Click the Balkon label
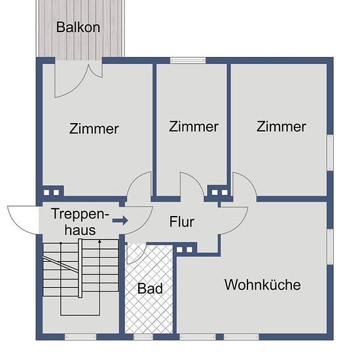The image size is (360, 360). coord(78,27)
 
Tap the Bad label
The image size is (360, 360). coord(150,289)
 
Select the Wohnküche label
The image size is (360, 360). coord(262,285)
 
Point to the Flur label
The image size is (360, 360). coord(181,221)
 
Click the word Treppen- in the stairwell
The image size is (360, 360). coord(80,214)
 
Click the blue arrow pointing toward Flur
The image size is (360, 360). coord(120,221)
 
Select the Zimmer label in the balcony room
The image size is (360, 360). coord(94,128)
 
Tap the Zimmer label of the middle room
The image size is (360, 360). coord(194,126)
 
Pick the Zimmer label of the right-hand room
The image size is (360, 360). coord(281,126)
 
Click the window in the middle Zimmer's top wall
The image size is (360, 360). coord(188,60)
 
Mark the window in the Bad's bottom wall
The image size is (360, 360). coord(143,337)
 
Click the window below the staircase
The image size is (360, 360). coord(81,337)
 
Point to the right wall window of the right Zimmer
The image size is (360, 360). coord(330,153)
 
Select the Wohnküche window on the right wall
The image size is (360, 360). coord(330,247)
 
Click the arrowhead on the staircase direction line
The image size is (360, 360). coord(99,242)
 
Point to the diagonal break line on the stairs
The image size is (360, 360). coord(61,264)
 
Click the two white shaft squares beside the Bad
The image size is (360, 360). coord(185,249)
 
